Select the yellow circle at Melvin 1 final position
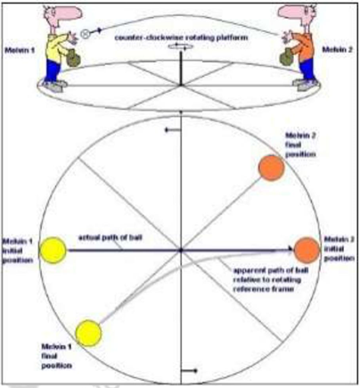pyautogui.click(x=89, y=333)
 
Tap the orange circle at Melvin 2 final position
pyautogui.click(x=270, y=167)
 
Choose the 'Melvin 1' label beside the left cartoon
pyautogui.click(x=18, y=51)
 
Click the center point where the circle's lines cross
pyautogui.click(x=181, y=251)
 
